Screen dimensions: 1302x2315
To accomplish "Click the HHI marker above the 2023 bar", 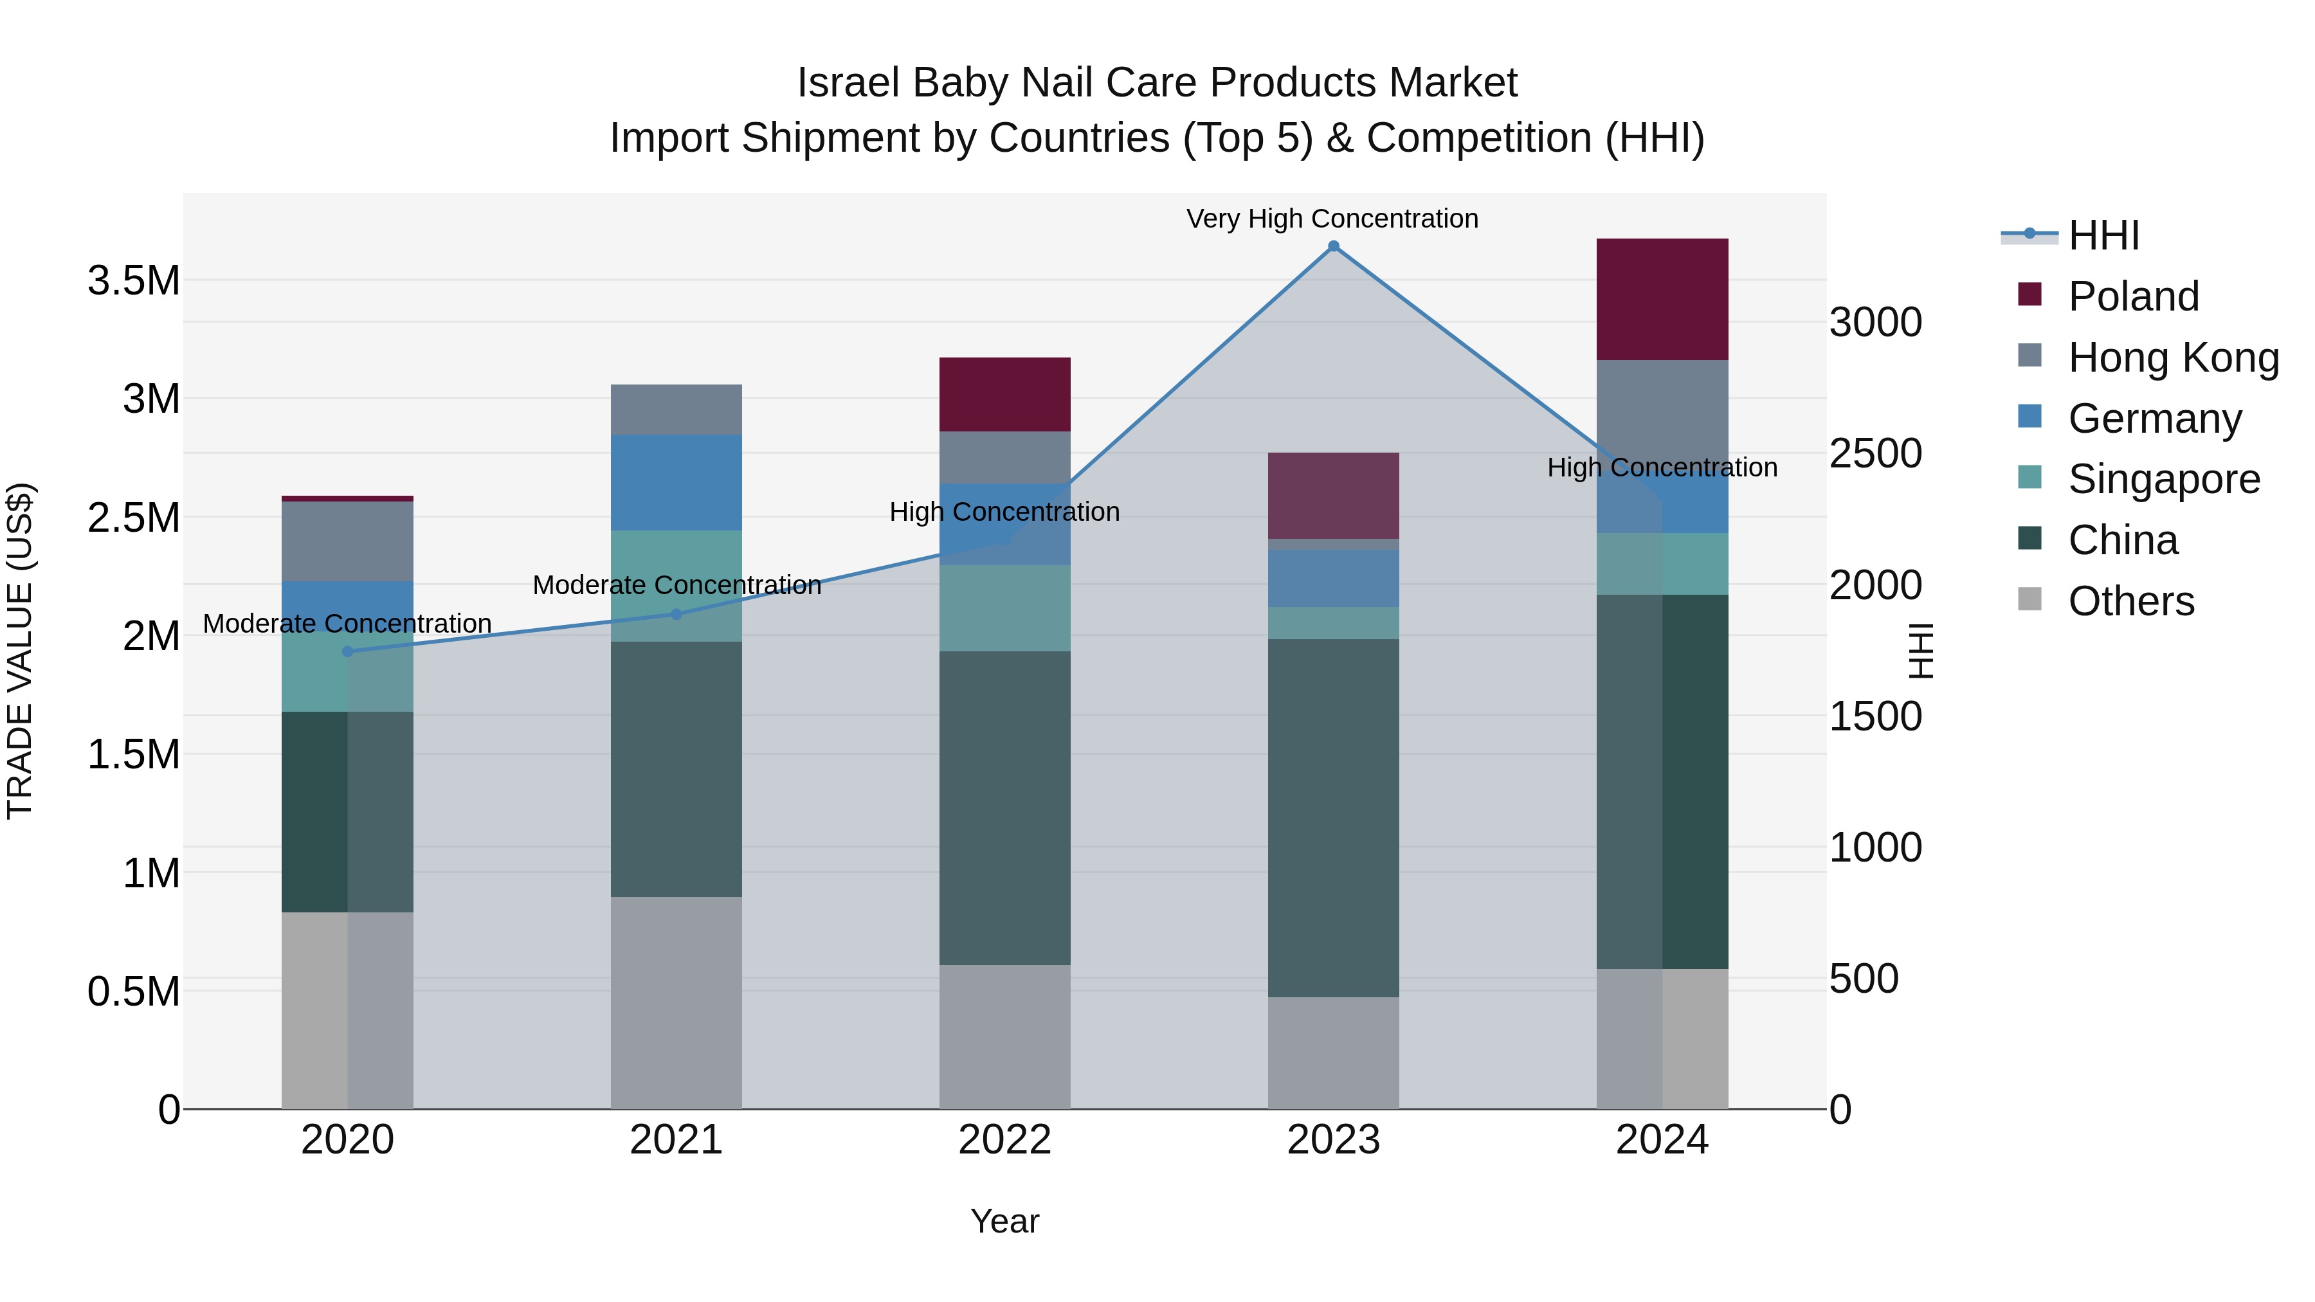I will click(1333, 246).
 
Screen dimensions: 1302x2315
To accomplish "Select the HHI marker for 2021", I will click(676, 615).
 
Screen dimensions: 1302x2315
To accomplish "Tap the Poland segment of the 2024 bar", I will click(1662, 299).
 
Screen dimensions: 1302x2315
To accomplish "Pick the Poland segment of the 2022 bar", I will click(1004, 395).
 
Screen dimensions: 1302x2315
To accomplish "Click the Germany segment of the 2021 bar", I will click(676, 482).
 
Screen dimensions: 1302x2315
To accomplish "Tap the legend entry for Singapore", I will click(2163, 479).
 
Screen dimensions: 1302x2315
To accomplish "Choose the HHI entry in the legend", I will click(2103, 235).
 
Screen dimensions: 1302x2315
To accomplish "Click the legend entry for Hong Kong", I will click(2172, 357).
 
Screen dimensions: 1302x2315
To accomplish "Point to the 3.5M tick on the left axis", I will click(133, 281).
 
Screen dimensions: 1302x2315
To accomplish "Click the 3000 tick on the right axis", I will click(1876, 323).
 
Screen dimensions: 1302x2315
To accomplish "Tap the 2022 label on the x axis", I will click(1004, 1140).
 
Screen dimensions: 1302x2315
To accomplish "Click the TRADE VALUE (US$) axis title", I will click(20, 651).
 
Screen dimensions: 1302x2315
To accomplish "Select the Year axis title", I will click(1004, 1221).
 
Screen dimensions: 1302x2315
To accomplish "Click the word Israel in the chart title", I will click(848, 83).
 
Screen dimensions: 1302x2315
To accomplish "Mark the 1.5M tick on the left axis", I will click(133, 755).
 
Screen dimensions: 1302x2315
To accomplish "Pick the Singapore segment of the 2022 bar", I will click(1004, 608).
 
